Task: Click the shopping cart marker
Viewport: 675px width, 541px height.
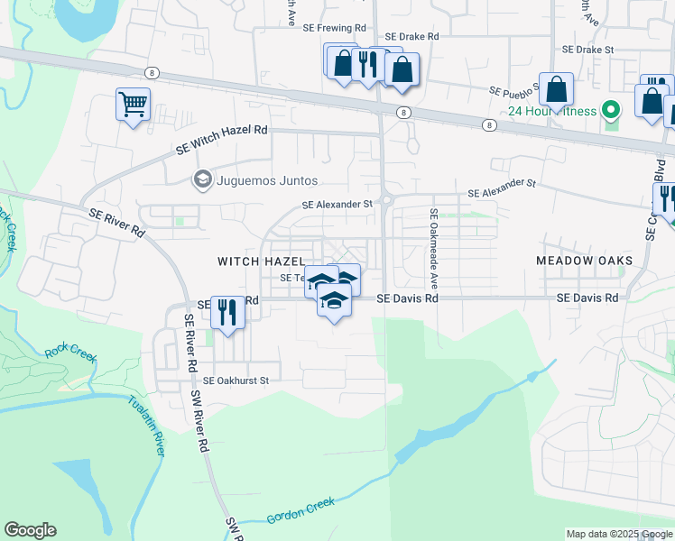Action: [x=133, y=105]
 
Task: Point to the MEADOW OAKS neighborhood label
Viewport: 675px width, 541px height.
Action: [x=584, y=261]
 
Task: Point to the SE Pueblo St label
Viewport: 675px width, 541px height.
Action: [x=514, y=90]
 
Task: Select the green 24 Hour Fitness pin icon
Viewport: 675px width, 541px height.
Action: [x=611, y=111]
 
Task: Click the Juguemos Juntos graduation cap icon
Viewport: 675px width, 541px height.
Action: [x=202, y=180]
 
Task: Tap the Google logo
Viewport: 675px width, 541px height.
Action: [x=30, y=530]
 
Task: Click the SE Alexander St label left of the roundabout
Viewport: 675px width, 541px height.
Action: [x=337, y=205]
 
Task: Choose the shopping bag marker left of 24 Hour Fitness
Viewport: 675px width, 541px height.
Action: [x=557, y=90]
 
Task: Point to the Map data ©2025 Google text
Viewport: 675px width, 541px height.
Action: [x=619, y=535]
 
